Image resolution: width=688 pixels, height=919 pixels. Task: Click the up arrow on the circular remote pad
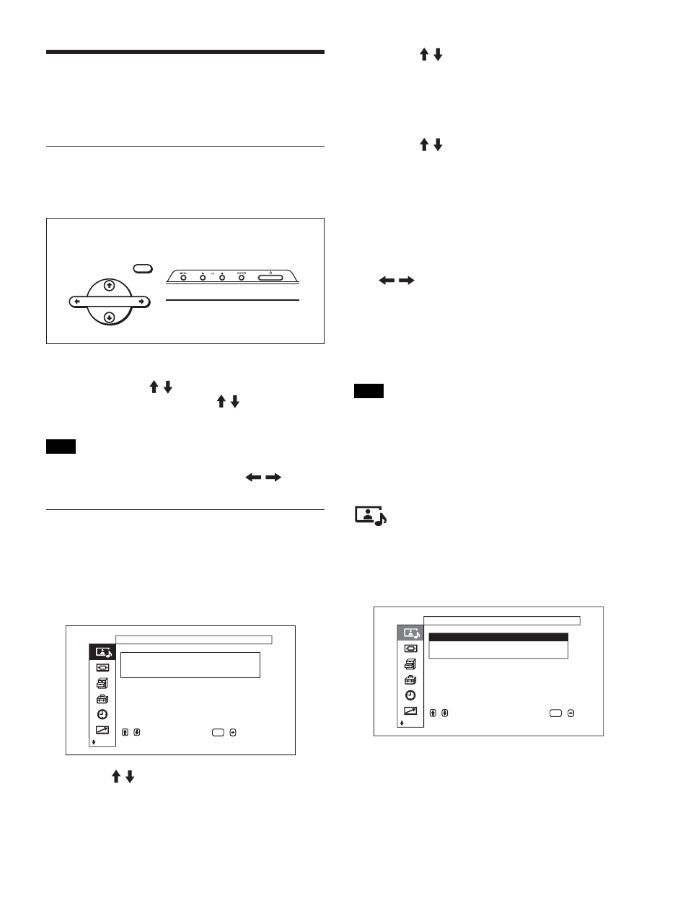tap(108, 285)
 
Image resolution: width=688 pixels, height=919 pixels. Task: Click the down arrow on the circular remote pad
tap(108, 317)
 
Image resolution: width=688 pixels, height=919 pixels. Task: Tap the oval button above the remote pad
tap(143, 268)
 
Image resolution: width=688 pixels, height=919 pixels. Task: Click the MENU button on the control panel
tap(183, 276)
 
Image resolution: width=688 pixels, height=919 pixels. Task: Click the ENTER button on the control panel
tap(241, 276)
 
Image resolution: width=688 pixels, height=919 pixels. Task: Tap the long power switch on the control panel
tap(276, 276)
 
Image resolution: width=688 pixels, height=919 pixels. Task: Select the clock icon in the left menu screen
tap(102, 714)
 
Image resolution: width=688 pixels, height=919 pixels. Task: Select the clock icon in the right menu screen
tap(410, 695)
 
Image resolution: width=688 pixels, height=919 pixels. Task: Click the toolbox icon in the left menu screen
tap(102, 698)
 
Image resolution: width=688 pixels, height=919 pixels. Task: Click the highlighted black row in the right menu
tap(498, 638)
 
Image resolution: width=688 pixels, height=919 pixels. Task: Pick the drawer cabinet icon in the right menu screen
tap(410, 664)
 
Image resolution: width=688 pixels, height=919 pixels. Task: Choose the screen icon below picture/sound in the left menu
tap(102, 667)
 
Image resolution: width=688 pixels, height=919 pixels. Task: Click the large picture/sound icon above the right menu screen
tap(371, 516)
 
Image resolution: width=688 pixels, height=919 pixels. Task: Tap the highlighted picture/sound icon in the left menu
tap(102, 651)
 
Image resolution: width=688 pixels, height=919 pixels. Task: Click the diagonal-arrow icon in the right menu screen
tap(410, 711)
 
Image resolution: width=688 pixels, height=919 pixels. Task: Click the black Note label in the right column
tap(369, 392)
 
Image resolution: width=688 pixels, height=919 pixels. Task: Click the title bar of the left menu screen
tap(193, 639)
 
